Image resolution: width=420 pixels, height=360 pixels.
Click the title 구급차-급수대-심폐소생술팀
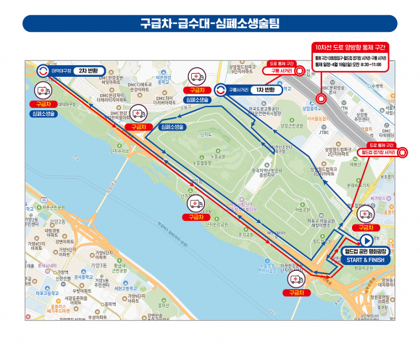(x=209, y=23)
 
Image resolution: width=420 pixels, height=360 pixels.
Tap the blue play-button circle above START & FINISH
(x=367, y=240)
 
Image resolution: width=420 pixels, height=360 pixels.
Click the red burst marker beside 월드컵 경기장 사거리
(x=403, y=152)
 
